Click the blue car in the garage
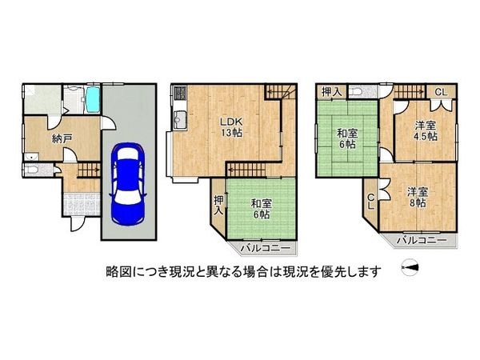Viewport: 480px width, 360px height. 127,184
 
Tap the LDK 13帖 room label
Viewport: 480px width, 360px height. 232,126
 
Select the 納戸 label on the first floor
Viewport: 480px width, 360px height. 62,139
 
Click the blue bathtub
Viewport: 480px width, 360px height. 93,99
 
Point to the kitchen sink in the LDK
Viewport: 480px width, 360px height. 178,120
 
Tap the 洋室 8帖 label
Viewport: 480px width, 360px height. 417,198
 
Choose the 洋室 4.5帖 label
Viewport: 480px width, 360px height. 426,131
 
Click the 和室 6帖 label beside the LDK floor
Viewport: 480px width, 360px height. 261,209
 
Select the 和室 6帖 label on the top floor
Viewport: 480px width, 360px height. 347,138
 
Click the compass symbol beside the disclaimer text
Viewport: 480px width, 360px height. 410,267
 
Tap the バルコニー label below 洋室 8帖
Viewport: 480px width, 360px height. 422,241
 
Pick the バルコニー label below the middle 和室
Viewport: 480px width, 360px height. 265,248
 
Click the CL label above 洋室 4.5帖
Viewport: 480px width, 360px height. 441,92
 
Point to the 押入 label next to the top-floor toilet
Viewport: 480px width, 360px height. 331,91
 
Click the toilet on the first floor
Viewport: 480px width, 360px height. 31,170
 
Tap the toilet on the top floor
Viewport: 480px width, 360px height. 358,92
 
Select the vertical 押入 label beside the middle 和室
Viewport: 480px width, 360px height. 218,206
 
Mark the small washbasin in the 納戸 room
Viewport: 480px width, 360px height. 31,157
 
